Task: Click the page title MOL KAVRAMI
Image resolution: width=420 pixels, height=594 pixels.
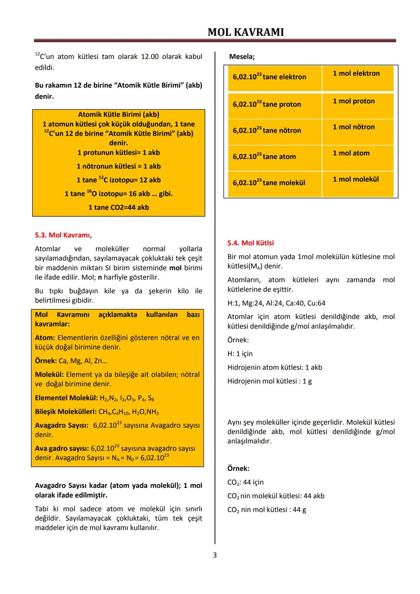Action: pos(245,32)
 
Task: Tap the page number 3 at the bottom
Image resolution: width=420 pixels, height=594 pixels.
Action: pos(215,555)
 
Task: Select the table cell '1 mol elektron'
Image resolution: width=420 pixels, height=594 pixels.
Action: pos(356,74)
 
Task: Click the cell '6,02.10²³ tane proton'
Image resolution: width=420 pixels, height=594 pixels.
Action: pos(267,104)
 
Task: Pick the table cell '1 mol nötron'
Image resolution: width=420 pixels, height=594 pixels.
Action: pos(353,127)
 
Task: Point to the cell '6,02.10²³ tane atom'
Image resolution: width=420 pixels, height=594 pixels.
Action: pos(264,157)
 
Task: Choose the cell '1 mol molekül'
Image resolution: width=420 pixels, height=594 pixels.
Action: pos(355,179)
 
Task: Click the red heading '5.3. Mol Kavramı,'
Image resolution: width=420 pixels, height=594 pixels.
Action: pos(63,235)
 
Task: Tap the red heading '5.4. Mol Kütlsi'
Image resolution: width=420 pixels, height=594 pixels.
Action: pos(250,243)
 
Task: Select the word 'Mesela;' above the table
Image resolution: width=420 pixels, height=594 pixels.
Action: pos(242,57)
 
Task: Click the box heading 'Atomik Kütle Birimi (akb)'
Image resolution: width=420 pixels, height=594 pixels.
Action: pos(119,115)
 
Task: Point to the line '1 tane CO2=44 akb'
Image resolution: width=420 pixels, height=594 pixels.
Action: pos(119,207)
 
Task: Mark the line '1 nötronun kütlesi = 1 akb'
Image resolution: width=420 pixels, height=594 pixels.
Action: pos(119,166)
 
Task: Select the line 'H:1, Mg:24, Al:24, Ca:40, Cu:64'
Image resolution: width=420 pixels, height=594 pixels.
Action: pos(276,303)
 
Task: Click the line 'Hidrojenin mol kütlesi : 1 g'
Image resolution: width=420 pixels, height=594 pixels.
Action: pos(269,381)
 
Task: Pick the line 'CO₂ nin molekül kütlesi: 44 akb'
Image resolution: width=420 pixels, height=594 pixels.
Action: pos(276,496)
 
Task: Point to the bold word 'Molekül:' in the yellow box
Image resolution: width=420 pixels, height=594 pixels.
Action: pos(49,375)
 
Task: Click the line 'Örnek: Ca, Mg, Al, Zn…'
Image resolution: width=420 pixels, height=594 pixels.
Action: pos(71,361)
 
